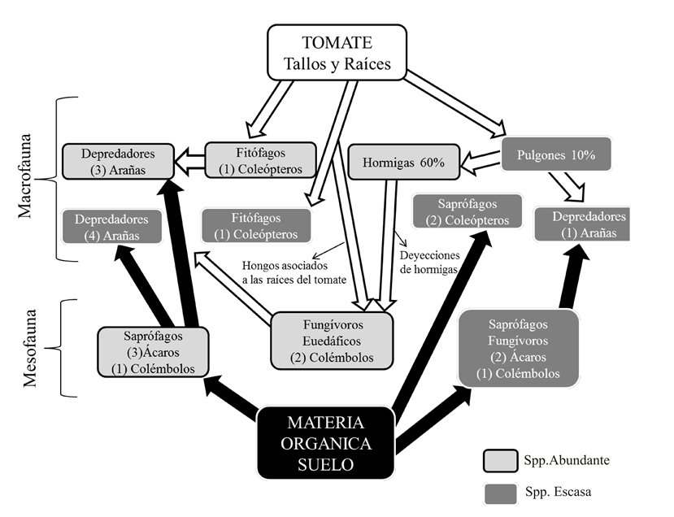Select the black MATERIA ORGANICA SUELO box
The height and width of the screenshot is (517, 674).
coord(326,444)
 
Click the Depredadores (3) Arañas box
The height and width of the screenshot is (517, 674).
coord(120,161)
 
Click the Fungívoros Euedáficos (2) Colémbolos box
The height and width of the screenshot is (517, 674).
coord(332,339)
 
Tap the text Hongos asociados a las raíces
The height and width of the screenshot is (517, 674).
coord(294,272)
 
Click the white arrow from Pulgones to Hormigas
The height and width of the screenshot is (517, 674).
coord(480,166)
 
